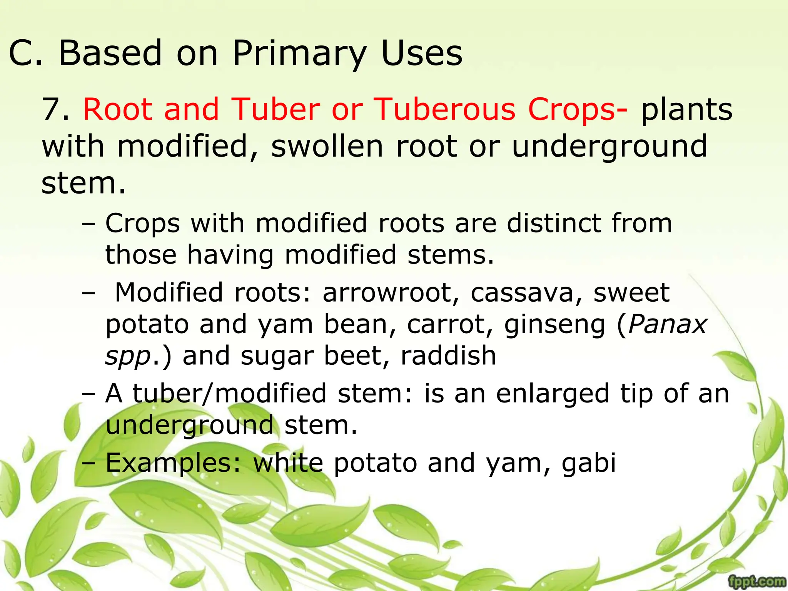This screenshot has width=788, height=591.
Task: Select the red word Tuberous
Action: [x=444, y=109]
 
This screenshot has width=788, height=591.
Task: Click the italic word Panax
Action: [x=668, y=324]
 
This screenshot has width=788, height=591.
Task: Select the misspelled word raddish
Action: [x=448, y=356]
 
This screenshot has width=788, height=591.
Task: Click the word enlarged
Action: [x=553, y=394]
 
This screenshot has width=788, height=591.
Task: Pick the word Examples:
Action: [x=174, y=463]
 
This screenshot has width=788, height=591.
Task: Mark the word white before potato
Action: [x=288, y=463]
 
